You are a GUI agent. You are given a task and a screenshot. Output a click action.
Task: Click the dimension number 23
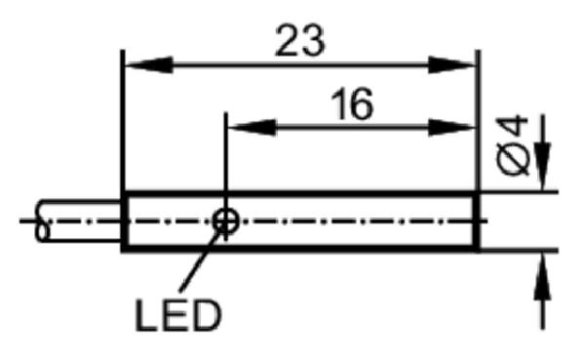300,41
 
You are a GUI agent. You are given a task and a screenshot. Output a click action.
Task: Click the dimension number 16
352,104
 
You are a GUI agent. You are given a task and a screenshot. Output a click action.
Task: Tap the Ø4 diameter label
514,145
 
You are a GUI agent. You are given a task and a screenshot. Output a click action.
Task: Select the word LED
178,316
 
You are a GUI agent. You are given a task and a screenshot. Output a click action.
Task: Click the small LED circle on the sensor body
226,221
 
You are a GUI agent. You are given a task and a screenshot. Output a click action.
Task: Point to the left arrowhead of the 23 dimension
149,65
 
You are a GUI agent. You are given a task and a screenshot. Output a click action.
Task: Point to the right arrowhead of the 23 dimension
452,65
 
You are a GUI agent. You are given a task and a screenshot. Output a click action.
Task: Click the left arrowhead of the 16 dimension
253,128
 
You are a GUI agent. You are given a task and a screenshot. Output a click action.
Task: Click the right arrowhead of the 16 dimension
452,128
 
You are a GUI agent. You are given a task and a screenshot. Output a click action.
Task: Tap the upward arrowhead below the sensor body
542,275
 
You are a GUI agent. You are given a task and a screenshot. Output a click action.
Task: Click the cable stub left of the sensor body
78,221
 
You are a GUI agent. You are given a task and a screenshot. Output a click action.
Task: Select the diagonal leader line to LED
200,259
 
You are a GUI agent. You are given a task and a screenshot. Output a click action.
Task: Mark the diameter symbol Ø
514,159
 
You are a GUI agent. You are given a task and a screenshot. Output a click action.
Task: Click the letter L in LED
145,316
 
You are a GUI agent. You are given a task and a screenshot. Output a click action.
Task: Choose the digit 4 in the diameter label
514,127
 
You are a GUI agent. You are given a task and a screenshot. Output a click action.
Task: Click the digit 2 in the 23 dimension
288,41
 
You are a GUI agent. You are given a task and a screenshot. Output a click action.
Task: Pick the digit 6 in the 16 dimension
361,104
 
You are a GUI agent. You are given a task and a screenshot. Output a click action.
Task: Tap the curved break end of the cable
42,221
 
